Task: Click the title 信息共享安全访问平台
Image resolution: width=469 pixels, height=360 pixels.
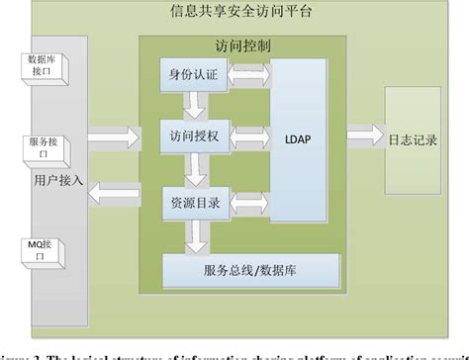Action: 234,13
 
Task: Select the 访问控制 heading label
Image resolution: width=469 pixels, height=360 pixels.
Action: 241,45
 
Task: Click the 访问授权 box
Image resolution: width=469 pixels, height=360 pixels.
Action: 195,137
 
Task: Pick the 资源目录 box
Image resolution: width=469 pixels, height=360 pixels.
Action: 195,202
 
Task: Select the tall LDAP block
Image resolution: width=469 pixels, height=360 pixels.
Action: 300,137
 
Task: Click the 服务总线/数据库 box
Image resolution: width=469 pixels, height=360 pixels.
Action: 250,269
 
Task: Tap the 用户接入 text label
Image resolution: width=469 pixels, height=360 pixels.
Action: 58,182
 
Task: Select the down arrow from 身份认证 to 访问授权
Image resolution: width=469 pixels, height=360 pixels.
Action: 187,106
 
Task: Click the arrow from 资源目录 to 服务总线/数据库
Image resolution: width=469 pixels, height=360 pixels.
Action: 198,235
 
